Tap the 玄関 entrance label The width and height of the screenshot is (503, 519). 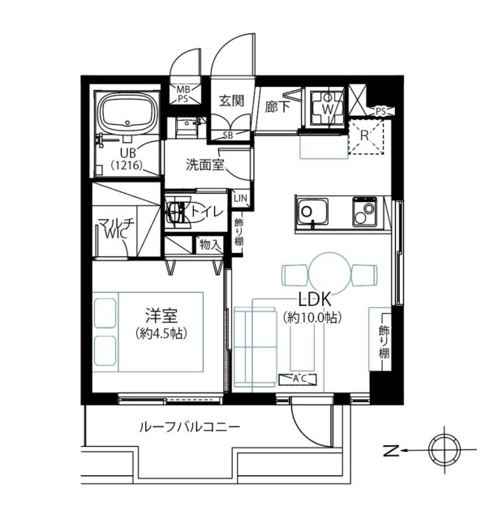pos(232,101)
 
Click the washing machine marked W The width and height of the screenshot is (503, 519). pos(327,107)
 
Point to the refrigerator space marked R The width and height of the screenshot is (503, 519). pos(366,137)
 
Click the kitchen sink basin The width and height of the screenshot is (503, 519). pos(312,212)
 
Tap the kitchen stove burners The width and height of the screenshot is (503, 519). pos(364,212)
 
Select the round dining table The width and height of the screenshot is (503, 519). pos(329,273)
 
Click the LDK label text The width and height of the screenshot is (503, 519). pos(315,299)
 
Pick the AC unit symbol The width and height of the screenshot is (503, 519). pos(298,379)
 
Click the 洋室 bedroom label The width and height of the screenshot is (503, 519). pos(161,315)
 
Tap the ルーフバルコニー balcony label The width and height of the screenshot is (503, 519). pos(189,427)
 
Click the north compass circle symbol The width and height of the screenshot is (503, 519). pos(445,450)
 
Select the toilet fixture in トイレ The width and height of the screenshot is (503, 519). pos(178,211)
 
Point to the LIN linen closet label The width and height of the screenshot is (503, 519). pos(240,198)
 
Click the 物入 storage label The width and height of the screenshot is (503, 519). pos(210,245)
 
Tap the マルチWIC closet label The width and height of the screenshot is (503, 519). pos(115,229)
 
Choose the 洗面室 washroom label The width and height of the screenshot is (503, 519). pos(205,165)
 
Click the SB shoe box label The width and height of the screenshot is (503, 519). pos(228,135)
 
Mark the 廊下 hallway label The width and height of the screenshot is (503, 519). pos(277,107)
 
